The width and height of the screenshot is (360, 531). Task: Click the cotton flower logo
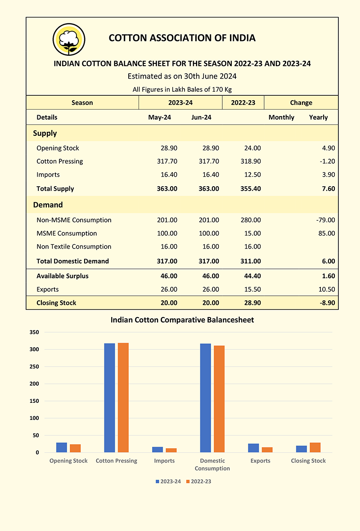[69, 39]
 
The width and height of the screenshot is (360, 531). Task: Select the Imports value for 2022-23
[252, 175]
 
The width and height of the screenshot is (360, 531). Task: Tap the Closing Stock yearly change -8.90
[327, 303]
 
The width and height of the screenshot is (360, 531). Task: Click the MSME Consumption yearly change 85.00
[327, 233]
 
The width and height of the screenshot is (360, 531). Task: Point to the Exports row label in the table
[47, 289]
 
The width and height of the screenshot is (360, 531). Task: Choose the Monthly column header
[281, 117]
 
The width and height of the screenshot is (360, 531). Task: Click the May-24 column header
[160, 117]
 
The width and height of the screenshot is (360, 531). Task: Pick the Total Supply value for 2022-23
[251, 189]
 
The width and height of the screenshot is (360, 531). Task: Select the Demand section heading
[48, 205]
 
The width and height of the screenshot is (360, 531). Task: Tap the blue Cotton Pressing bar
[109, 398]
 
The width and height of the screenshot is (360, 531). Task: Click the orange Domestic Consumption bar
[219, 399]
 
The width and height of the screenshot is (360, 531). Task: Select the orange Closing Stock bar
[315, 447]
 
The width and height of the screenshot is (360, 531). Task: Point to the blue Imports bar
[157, 450]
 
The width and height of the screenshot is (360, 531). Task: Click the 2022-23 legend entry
[198, 482]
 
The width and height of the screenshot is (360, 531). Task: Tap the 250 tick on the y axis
[34, 367]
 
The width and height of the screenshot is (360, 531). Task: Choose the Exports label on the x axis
[261, 461]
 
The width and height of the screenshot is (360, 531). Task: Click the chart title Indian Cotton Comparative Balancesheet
[182, 320]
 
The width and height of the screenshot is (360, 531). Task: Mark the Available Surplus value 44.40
[252, 276]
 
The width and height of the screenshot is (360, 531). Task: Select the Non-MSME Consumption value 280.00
[251, 220]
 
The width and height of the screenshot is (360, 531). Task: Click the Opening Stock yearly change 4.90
[328, 148]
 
